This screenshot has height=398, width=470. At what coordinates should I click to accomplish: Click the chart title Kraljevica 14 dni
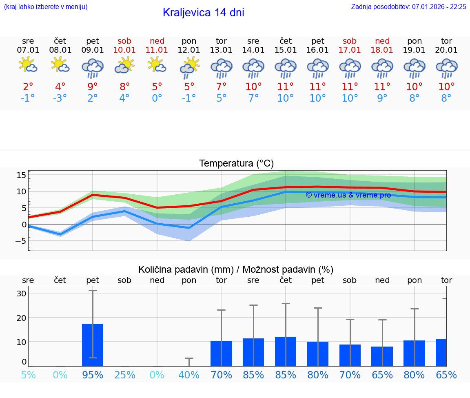tap(203, 13)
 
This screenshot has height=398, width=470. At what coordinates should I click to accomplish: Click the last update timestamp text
tap(408, 7)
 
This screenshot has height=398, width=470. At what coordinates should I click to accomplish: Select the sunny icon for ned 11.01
tap(157, 65)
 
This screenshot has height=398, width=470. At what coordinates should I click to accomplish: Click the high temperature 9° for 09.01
tap(93, 87)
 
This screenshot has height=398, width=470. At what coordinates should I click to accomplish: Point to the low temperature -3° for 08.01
tap(60, 98)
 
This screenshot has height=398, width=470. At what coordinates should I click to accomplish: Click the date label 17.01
tap(350, 50)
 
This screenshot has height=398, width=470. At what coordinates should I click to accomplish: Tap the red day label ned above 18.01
tap(382, 41)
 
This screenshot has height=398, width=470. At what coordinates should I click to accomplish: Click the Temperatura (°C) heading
tap(236, 164)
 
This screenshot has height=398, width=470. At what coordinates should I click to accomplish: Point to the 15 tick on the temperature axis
tap(21, 175)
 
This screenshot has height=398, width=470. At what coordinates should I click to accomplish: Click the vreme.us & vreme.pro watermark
tap(348, 195)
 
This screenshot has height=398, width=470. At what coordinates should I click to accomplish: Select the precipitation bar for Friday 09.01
tap(93, 345)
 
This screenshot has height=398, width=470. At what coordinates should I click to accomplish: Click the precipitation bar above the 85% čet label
tap(286, 351)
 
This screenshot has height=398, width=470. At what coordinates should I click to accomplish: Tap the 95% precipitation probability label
tap(93, 375)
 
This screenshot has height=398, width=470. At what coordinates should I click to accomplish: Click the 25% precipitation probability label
tap(124, 375)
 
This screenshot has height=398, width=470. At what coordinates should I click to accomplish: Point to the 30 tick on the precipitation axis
tap(21, 293)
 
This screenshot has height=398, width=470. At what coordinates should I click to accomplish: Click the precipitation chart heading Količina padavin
tap(236, 269)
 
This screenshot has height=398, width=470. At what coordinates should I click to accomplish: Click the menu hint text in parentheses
tap(45, 7)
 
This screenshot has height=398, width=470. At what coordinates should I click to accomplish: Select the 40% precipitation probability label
tap(189, 375)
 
